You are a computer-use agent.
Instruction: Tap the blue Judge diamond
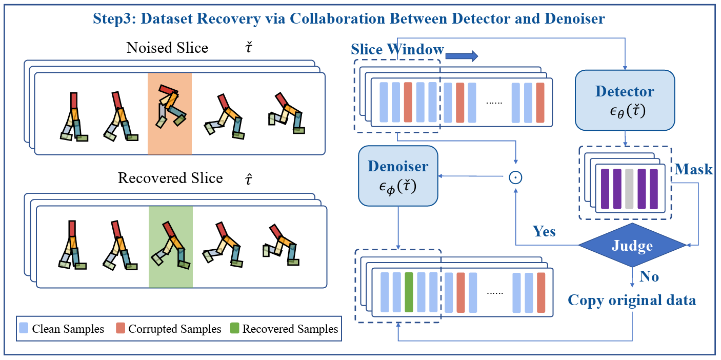632,246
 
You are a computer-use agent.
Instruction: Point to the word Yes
544,231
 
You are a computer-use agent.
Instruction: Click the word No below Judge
649,277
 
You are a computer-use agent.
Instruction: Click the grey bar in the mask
629,189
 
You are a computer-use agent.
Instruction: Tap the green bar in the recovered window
409,292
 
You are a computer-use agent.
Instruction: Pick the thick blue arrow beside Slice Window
462,55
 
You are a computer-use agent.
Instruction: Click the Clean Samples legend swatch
24,329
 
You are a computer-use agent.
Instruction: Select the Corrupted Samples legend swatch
121,329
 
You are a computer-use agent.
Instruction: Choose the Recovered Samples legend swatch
234,329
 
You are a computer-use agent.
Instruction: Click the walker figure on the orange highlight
170,106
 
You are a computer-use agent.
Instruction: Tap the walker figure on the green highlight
170,244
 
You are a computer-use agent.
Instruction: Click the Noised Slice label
167,48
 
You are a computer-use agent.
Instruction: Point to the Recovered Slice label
170,178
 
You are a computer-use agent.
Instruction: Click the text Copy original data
632,300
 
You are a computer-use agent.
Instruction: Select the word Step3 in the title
113,19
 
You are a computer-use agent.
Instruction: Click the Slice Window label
397,50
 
